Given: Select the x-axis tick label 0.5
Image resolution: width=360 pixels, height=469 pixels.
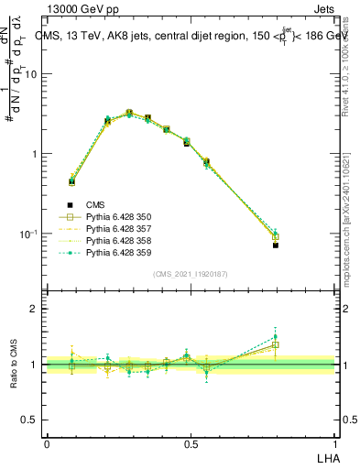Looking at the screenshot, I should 191,443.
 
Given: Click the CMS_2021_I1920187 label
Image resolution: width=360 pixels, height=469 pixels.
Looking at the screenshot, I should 191,274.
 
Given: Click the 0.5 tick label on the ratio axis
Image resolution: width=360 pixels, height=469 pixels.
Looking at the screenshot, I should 29,420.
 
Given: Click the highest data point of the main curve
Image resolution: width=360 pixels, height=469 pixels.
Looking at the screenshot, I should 129,113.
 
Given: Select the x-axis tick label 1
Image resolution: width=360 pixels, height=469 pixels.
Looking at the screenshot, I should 335,443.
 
